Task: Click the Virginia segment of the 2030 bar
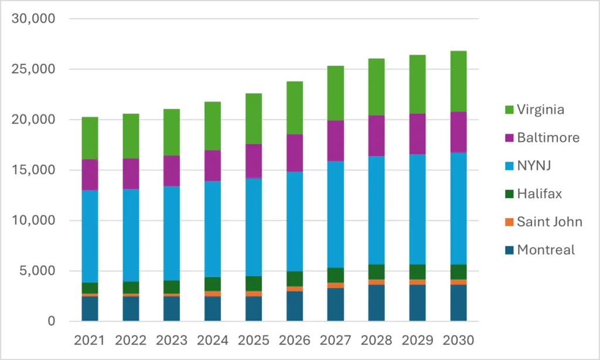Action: click(x=458, y=81)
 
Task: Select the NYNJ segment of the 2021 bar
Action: click(x=90, y=236)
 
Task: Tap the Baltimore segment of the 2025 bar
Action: click(x=254, y=161)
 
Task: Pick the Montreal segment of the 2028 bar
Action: click(x=377, y=303)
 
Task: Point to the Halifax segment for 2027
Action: click(x=336, y=276)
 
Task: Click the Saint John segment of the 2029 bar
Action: click(x=417, y=282)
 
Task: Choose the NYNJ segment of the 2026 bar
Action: click(x=295, y=222)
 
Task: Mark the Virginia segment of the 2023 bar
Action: click(x=172, y=132)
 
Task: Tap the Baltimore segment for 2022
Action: click(x=131, y=174)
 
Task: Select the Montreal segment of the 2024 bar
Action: click(x=213, y=308)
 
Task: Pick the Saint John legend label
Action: click(x=550, y=222)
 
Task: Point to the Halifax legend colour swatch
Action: click(x=509, y=194)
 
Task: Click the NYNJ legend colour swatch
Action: click(x=509, y=166)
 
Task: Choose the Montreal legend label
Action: click(x=546, y=250)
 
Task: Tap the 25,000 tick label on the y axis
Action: click(x=33, y=69)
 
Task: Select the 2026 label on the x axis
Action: click(x=295, y=340)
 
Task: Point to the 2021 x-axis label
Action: click(x=90, y=340)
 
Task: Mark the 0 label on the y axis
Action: click(x=52, y=321)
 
